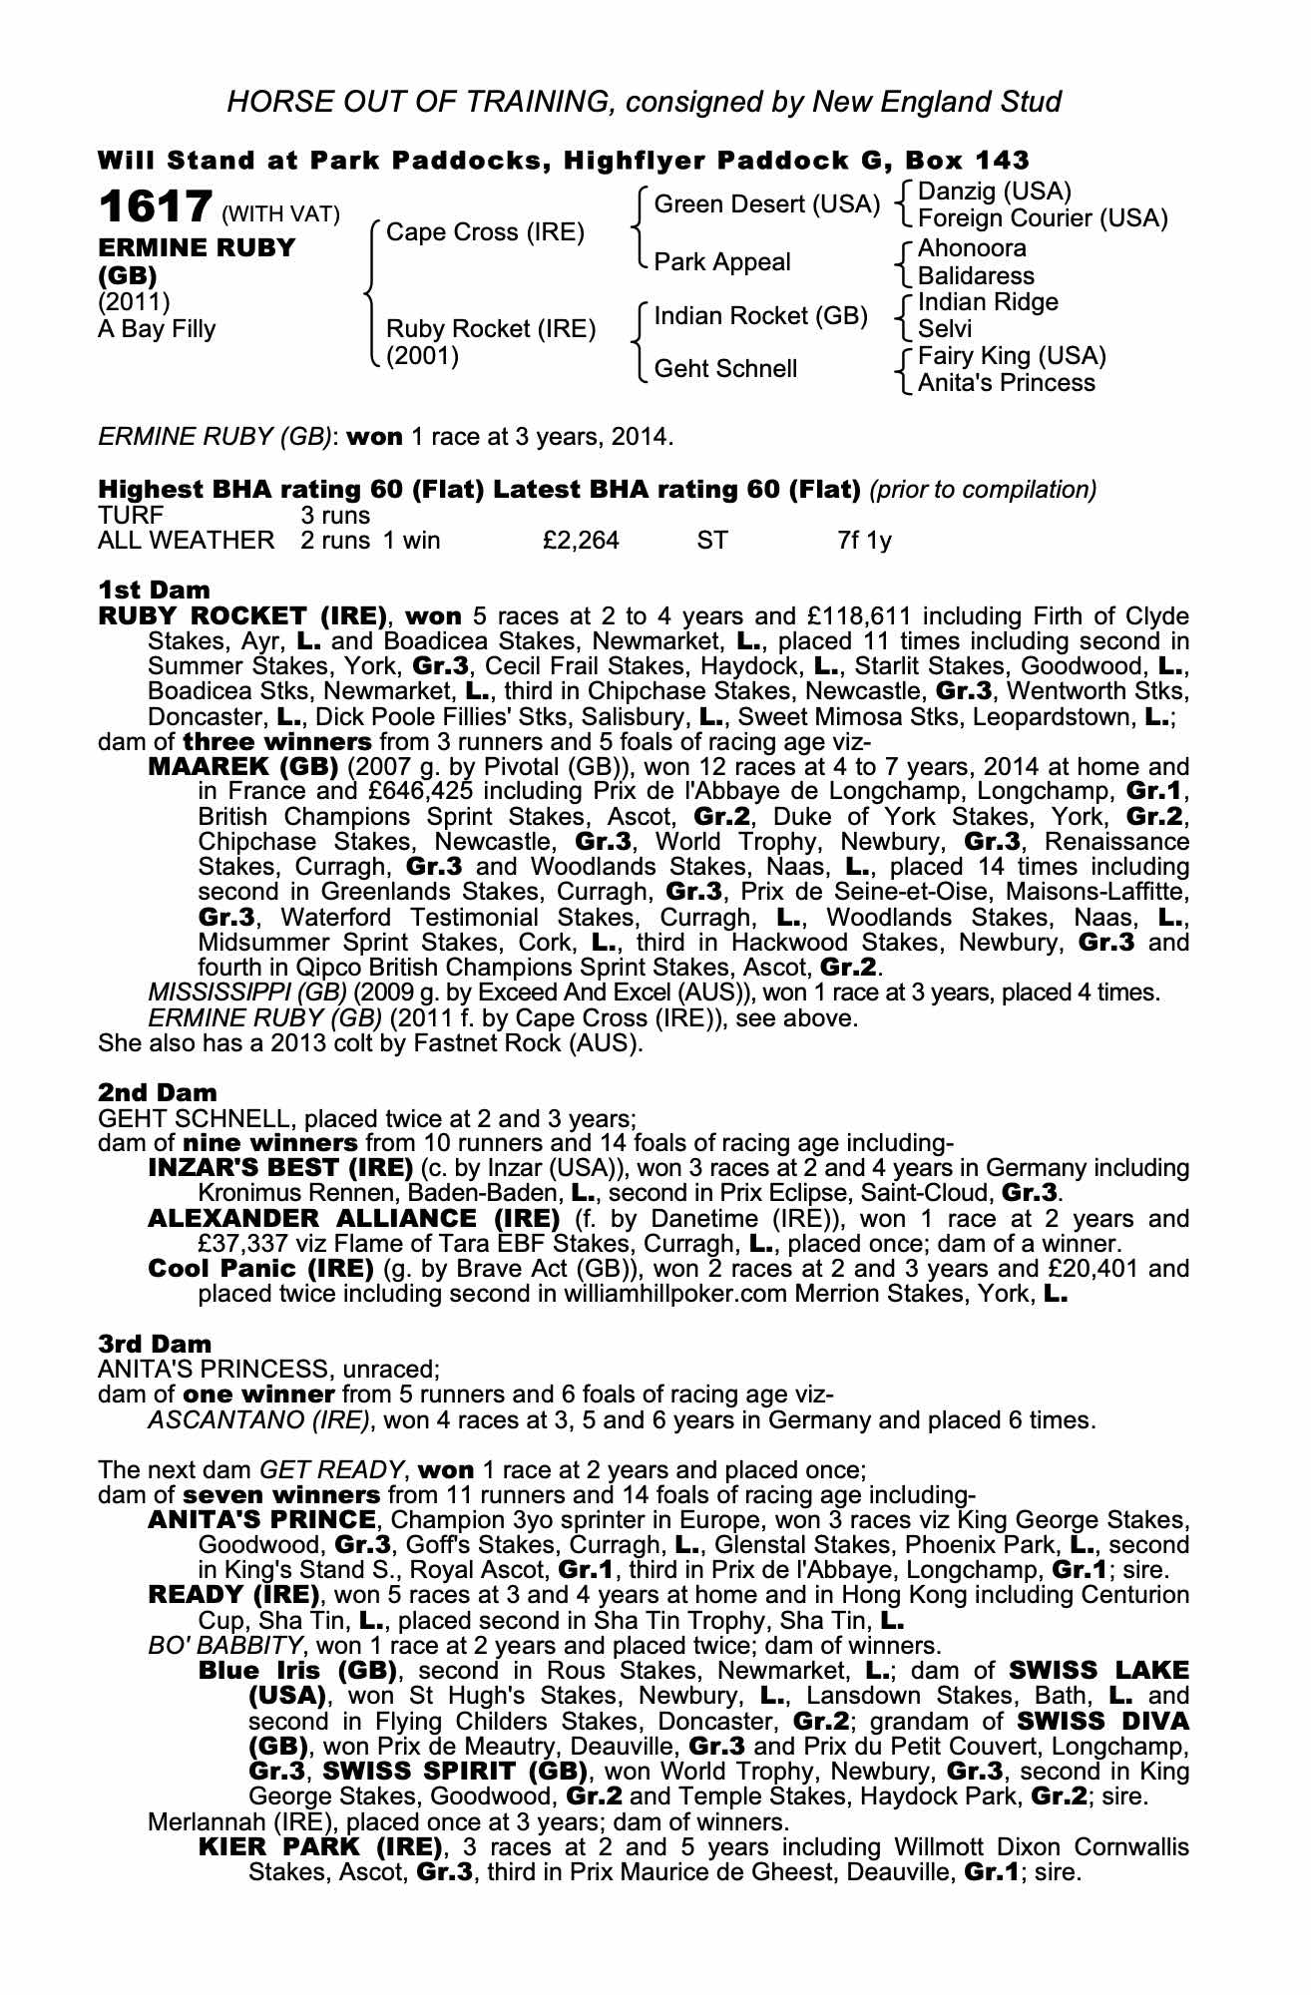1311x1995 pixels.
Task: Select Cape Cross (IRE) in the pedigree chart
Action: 485,232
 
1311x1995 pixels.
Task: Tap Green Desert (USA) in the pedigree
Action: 766,204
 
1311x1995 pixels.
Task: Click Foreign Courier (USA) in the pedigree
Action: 1042,218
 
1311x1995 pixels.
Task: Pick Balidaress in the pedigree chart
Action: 976,275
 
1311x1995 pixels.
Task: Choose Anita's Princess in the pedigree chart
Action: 1006,383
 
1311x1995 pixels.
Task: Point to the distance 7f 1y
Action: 864,541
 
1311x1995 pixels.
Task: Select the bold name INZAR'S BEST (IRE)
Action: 280,1168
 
